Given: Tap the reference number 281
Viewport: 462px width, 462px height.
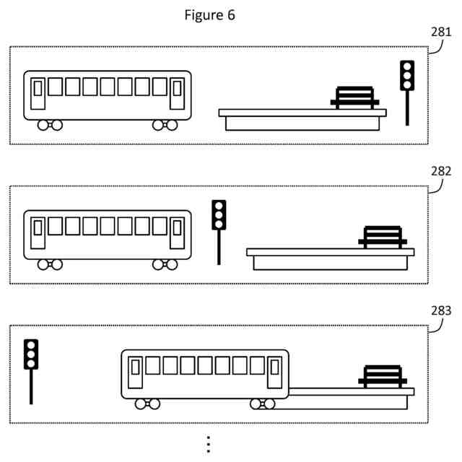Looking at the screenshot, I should [x=440, y=32].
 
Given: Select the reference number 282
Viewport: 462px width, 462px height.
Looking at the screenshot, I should [x=440, y=171].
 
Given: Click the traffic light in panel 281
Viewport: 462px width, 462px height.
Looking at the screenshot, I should [x=407, y=77].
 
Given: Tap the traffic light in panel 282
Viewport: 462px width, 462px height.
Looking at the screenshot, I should [x=219, y=216].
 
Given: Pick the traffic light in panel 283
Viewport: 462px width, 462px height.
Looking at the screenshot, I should [x=30, y=355].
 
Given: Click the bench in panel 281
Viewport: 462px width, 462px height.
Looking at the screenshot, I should [x=354, y=97].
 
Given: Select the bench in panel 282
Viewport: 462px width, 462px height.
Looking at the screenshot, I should [x=383, y=237].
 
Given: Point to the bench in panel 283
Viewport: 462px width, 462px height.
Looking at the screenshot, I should [x=383, y=377].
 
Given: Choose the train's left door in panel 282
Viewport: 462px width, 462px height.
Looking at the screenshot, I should [x=38, y=232].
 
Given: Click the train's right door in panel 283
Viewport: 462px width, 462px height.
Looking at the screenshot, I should [x=274, y=371].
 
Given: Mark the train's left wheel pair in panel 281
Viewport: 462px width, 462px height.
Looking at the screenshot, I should [x=50, y=125].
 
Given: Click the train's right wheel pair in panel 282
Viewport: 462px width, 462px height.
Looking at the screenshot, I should [x=165, y=264].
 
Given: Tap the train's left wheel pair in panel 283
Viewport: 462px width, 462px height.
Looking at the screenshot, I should [x=147, y=404].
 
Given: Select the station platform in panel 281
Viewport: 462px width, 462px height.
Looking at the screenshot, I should [x=302, y=119].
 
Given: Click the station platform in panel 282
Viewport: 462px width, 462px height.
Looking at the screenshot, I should [x=331, y=258].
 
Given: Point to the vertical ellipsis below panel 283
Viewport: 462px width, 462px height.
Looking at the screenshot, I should [x=208, y=443].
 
